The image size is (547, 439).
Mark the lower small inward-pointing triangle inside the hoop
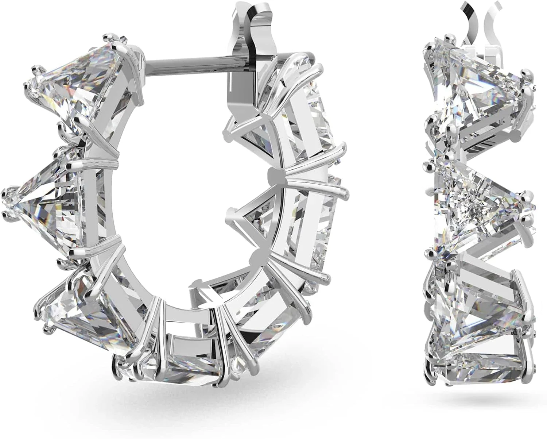[255, 219]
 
